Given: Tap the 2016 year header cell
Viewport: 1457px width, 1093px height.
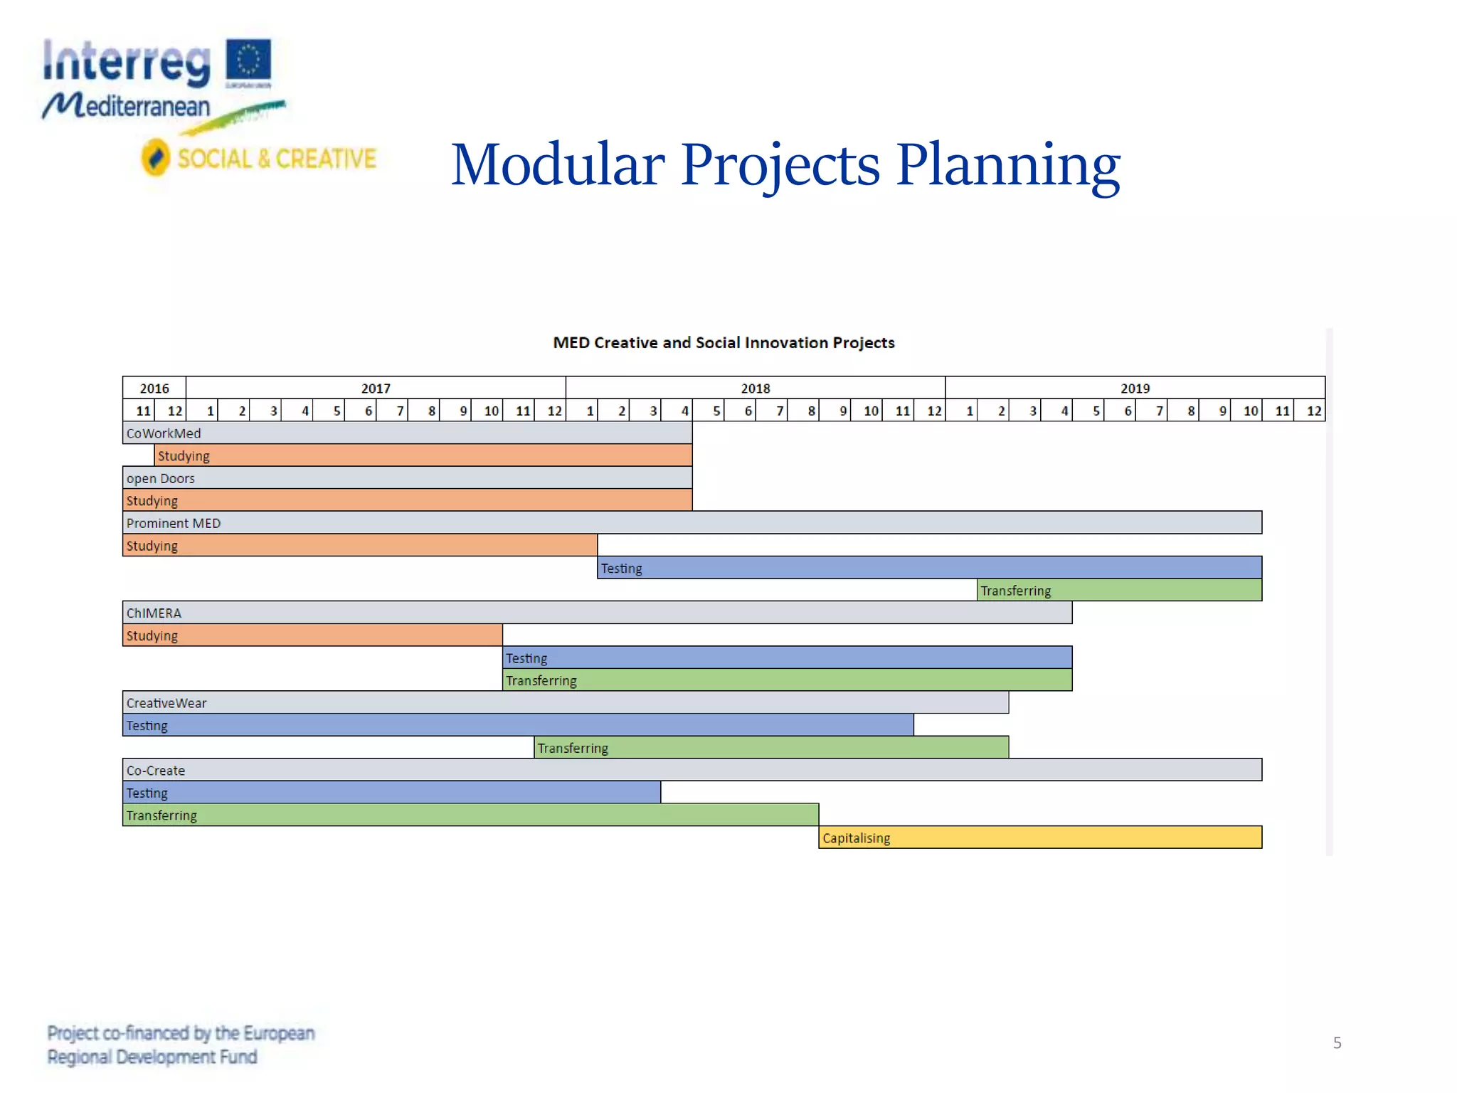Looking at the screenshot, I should pos(154,388).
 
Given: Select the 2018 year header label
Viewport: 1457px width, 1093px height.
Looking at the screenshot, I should pos(755,389).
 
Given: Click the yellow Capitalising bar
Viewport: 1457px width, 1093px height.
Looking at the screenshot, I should pos(1040,838).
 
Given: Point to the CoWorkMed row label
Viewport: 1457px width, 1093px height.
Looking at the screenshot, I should pos(164,433).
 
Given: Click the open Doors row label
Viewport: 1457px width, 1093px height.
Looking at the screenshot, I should pos(161,478).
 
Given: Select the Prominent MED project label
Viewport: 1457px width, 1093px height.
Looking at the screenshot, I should pos(174,523).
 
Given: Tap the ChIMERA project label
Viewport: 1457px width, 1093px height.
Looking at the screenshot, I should pos(154,613).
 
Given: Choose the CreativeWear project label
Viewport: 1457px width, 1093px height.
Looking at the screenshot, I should pos(166,703).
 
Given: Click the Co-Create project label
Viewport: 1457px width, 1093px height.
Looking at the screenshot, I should pos(156,770).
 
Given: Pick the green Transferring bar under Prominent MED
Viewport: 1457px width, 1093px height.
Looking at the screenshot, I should pos(1119,591).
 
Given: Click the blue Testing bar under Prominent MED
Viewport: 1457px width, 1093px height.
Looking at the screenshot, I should pos(929,568).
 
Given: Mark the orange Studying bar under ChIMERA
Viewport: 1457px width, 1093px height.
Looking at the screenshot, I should pos(312,635).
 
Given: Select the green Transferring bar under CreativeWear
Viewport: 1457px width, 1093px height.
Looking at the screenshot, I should pos(771,748).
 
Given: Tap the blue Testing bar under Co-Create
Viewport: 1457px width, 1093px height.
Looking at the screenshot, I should pos(391,793).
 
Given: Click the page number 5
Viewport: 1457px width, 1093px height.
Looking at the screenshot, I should pos(1337,1043).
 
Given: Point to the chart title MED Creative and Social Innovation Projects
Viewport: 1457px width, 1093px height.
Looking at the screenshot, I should pos(724,343).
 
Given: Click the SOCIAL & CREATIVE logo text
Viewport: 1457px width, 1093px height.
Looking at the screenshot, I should pos(276,159).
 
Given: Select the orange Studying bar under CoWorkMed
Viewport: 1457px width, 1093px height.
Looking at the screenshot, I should pos(423,455).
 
